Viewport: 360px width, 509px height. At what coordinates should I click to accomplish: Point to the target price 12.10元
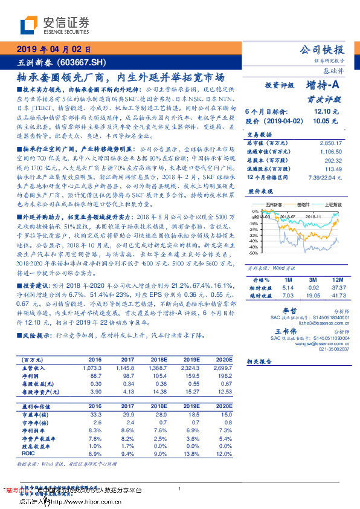326,112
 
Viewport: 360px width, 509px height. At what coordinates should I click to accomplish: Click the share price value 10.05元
326,122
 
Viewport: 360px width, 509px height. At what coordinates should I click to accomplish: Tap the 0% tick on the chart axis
254,212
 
